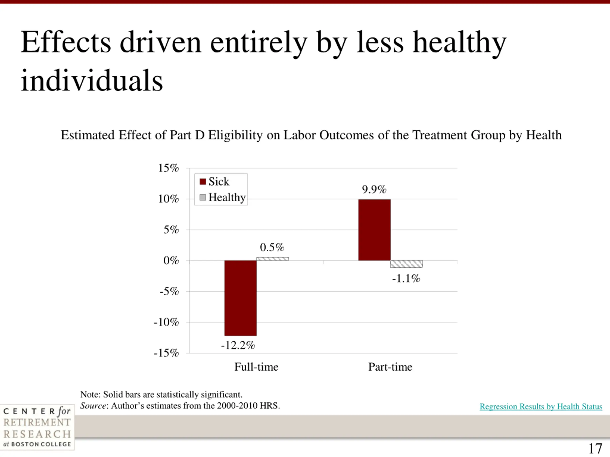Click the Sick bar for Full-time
(x=240, y=298)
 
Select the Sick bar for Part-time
(x=374, y=230)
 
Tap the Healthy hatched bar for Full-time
(x=272, y=259)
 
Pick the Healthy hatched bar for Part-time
(x=406, y=264)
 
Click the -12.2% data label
(x=238, y=345)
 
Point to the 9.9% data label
(x=374, y=189)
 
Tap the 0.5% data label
(x=272, y=247)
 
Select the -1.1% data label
(x=406, y=278)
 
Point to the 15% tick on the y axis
(x=168, y=168)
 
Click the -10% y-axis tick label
(x=166, y=322)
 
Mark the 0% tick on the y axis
(x=171, y=260)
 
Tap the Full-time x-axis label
(x=256, y=367)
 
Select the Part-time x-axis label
(x=390, y=367)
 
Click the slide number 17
(x=595, y=449)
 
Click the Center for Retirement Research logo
(x=37, y=427)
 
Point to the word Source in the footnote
(x=93, y=406)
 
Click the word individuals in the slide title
(x=92, y=81)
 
